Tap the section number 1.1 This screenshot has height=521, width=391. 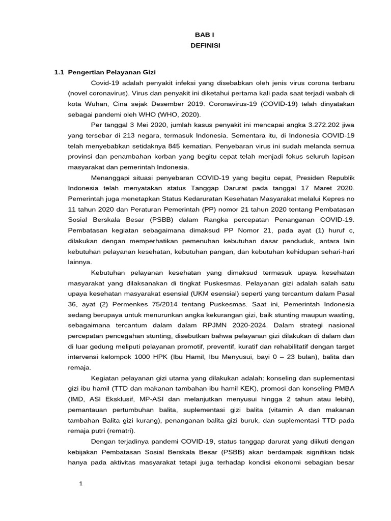(60, 72)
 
